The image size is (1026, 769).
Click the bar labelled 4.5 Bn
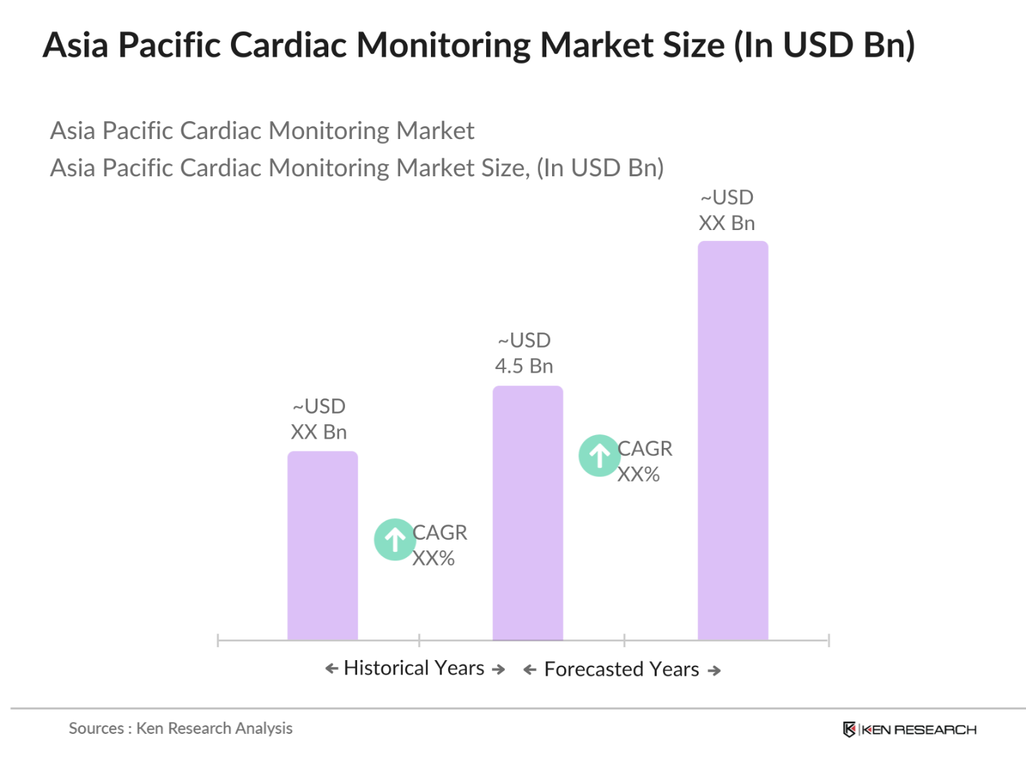point(527,512)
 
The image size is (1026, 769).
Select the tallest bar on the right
point(732,440)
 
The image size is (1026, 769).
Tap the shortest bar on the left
point(322,545)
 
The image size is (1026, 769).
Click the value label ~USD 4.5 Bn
point(524,353)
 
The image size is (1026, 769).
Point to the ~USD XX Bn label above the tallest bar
point(726,210)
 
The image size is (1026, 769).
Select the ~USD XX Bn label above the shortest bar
point(319,419)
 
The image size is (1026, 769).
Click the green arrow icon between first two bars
point(394,539)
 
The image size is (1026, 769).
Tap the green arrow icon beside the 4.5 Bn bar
point(599,455)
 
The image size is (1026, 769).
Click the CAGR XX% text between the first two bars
point(439,545)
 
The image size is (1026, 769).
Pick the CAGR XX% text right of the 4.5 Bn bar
point(644,462)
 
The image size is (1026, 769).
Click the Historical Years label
point(414,668)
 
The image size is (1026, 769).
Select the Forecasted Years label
point(621,669)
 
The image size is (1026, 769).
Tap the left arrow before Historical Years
point(331,669)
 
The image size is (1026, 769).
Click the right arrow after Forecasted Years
point(714,671)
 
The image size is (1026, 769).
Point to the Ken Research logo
point(909,730)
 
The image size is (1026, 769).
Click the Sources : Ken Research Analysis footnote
point(181,728)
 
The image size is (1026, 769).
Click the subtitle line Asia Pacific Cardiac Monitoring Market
point(262,130)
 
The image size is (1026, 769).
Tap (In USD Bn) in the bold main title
point(824,45)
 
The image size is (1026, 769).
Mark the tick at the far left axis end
point(218,640)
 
